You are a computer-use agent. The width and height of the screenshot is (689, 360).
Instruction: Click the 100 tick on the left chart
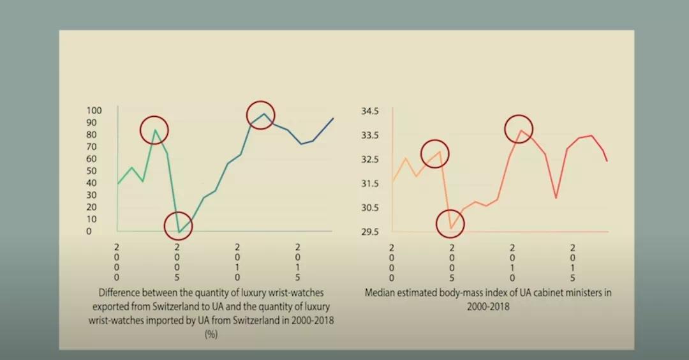pyautogui.click(x=93, y=110)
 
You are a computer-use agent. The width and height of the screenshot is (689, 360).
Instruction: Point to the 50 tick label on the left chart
pyautogui.click(x=93, y=171)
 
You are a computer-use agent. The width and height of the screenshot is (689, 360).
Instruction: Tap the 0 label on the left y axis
pyautogui.click(x=89, y=231)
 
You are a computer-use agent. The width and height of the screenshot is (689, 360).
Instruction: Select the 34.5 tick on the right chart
pyautogui.click(x=371, y=111)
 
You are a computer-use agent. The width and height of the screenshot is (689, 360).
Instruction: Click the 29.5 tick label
pyautogui.click(x=371, y=232)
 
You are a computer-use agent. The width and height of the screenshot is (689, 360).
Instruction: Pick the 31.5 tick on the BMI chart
pyautogui.click(x=371, y=184)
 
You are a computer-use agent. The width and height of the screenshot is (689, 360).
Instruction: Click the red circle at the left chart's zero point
pyautogui.click(x=178, y=225)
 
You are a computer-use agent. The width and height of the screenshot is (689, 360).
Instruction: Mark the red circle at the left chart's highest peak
pyautogui.click(x=260, y=114)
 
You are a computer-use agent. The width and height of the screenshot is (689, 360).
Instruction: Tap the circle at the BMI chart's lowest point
pyautogui.click(x=450, y=223)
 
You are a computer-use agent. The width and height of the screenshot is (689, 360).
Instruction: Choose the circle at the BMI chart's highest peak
pyautogui.click(x=519, y=128)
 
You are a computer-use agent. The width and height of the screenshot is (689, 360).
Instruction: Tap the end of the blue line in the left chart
pyautogui.click(x=333, y=118)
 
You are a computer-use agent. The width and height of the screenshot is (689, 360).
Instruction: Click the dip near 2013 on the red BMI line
pyautogui.click(x=556, y=198)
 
